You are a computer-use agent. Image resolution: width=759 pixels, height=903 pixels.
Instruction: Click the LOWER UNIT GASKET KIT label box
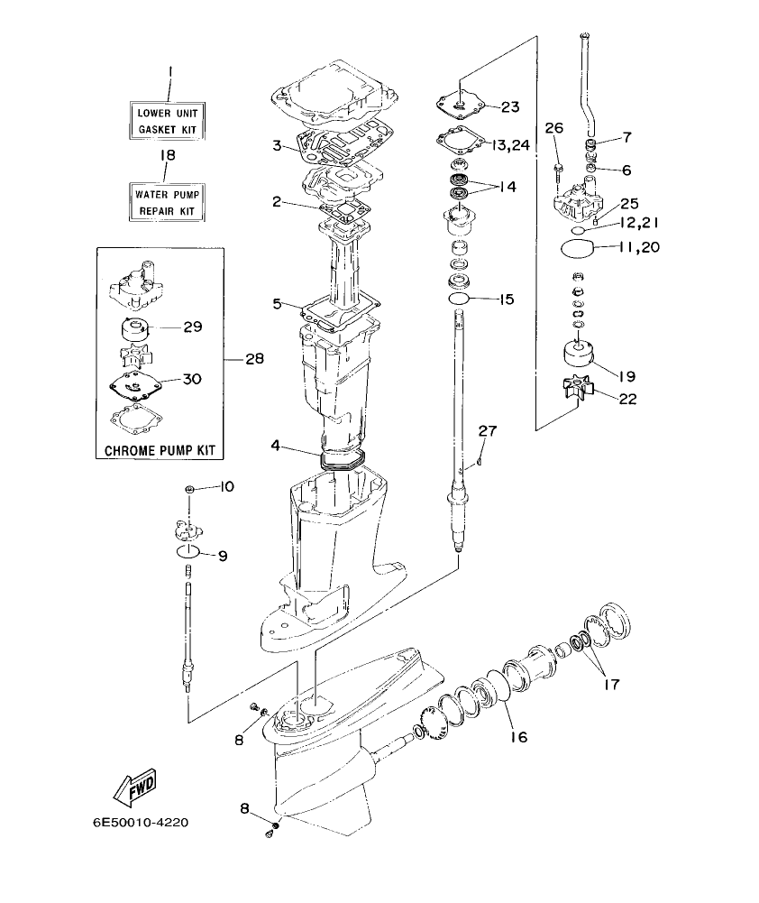pyautogui.click(x=167, y=121)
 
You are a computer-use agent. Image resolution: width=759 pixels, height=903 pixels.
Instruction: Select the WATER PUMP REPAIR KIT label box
pyautogui.click(x=167, y=201)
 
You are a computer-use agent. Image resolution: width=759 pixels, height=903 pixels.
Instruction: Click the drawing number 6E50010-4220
pyautogui.click(x=141, y=823)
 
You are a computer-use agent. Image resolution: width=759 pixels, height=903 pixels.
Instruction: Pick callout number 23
pyautogui.click(x=510, y=106)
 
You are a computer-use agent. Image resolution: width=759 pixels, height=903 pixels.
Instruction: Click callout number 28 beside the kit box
pyautogui.click(x=254, y=359)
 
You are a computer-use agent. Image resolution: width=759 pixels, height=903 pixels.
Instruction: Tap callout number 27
pyautogui.click(x=487, y=431)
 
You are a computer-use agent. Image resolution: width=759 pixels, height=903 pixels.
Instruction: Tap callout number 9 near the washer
pyautogui.click(x=222, y=555)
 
